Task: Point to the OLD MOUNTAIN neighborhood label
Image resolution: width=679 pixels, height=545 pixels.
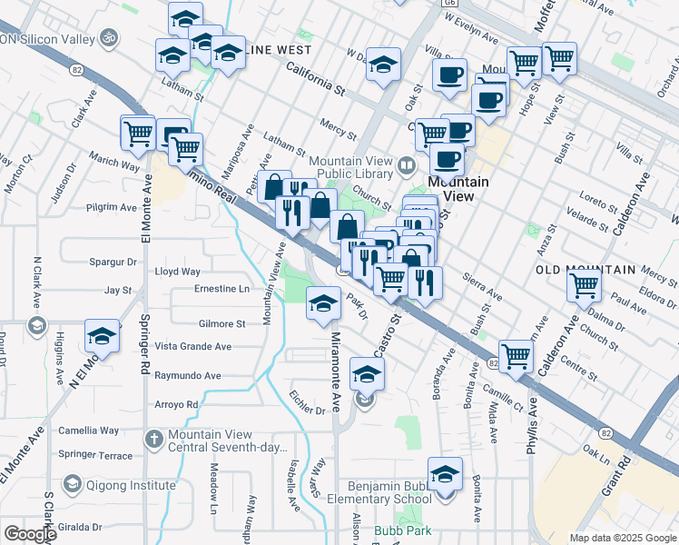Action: (x=585, y=270)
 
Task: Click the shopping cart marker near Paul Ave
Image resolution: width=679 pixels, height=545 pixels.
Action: (x=584, y=286)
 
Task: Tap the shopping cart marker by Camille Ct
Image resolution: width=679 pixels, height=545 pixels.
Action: (x=516, y=356)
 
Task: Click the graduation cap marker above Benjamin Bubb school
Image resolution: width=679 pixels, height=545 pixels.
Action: (x=444, y=475)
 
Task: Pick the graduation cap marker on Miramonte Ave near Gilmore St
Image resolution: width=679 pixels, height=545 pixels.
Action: (x=322, y=304)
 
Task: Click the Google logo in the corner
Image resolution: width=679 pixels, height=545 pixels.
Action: (x=29, y=533)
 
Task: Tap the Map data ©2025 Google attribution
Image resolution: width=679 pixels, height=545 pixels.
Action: (x=623, y=538)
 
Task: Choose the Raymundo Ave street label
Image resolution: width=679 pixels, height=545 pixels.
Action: (x=188, y=375)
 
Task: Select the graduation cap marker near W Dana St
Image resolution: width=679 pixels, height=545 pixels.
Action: (x=385, y=65)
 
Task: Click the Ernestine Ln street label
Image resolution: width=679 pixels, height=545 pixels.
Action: (x=222, y=289)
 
